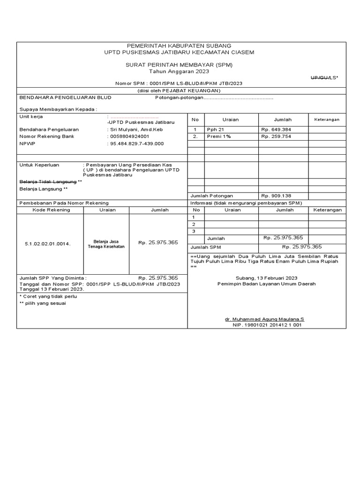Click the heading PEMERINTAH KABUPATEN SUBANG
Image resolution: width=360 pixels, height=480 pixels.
pyautogui.click(x=179, y=45)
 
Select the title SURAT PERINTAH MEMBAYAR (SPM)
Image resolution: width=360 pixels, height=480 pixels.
pyautogui.click(x=179, y=65)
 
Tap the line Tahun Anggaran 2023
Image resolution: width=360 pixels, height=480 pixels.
pyautogui.click(x=179, y=71)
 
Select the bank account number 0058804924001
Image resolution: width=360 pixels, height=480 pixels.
pyautogui.click(x=129, y=136)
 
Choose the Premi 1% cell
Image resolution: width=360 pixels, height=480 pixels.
pyautogui.click(x=216, y=136)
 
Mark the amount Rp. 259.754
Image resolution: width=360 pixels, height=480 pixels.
pyautogui.click(x=276, y=136)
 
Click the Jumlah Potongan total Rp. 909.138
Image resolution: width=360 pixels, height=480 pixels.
pyautogui.click(x=276, y=195)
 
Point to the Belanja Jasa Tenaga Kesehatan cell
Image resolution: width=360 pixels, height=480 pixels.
pyautogui.click(x=106, y=244)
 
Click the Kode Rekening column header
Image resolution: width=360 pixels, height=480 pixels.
pyautogui.click(x=51, y=210)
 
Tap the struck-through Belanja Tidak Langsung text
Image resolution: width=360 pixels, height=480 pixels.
pyautogui.click(x=48, y=181)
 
